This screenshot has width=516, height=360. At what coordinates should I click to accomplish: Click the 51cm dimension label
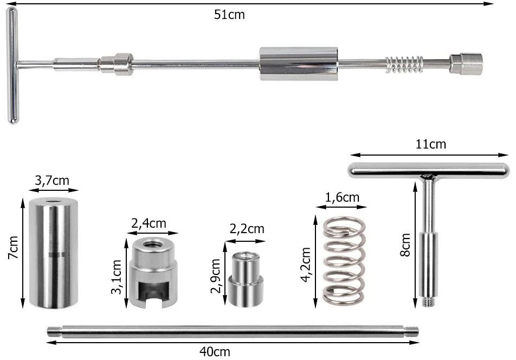(x=229, y=15)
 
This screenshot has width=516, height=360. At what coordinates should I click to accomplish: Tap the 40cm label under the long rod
(x=215, y=352)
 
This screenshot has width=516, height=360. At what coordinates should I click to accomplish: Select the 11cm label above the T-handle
(x=431, y=144)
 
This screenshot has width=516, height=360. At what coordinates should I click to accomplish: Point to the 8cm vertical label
(x=406, y=245)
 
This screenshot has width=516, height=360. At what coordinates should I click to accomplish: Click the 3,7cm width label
(x=52, y=181)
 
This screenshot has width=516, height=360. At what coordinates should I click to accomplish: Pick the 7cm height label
(x=14, y=247)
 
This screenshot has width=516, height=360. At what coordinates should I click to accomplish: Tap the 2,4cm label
(x=149, y=223)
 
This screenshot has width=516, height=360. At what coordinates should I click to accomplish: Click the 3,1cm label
(x=116, y=277)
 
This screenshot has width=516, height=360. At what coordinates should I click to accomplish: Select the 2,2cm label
(x=247, y=229)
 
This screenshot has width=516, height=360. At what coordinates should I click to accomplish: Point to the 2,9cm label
(x=216, y=276)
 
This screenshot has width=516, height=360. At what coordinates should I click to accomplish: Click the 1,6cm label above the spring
(x=342, y=197)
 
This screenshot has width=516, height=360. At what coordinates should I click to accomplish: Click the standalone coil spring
(x=344, y=261)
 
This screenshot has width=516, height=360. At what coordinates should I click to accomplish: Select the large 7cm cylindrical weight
(x=54, y=253)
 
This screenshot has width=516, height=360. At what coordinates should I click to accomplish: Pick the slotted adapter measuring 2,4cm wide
(x=153, y=273)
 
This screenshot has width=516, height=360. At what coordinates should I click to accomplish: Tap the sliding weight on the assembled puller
(x=299, y=63)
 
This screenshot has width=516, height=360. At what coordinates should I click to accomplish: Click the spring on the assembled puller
(x=404, y=64)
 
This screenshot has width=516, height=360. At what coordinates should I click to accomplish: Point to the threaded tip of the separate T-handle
(x=428, y=302)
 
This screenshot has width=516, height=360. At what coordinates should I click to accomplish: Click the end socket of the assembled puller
(x=466, y=64)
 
